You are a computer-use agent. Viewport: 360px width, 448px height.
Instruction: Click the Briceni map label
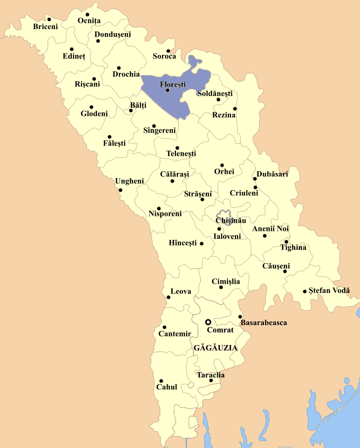click(46, 27)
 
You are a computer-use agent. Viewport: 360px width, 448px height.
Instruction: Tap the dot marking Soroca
click(168, 51)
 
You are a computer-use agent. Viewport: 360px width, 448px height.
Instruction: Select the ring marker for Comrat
click(208, 322)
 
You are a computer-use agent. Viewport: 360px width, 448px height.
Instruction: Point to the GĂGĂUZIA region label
click(216, 348)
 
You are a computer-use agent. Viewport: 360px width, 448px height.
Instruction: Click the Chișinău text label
click(231, 221)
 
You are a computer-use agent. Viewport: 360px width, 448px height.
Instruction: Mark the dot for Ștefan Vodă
click(305, 291)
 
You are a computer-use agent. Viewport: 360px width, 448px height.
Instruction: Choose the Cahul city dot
click(161, 381)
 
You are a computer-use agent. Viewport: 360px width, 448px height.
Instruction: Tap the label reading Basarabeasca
click(264, 322)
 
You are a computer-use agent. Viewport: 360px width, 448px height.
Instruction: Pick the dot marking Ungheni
click(120, 190)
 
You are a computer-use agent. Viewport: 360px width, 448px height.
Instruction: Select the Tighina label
click(293, 247)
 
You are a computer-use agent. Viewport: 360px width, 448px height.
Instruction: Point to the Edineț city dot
click(72, 49)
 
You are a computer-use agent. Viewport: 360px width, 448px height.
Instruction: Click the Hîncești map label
click(183, 243)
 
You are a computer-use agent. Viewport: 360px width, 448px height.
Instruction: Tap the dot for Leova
click(168, 297)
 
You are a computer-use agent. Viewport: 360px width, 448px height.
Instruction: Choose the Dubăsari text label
click(272, 174)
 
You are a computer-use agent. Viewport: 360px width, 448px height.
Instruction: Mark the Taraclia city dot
click(211, 381)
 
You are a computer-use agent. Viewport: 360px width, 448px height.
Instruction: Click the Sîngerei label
click(159, 130)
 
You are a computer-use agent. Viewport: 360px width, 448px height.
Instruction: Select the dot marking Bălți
click(131, 110)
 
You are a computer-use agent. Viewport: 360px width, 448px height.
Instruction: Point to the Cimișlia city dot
click(221, 287)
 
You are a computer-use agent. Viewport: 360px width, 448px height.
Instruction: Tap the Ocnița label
click(89, 21)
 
